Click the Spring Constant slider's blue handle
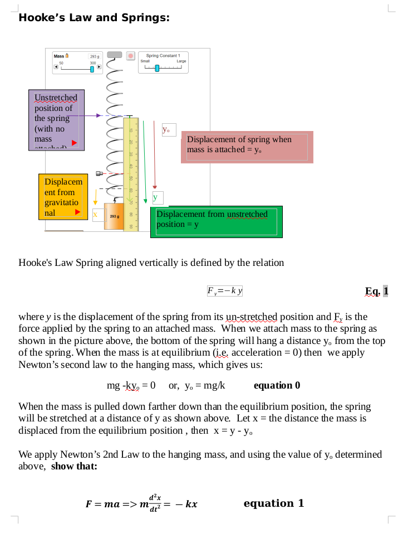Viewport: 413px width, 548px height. [x=157, y=68]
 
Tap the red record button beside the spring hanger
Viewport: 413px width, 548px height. [x=131, y=56]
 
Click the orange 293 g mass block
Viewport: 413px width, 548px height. [x=114, y=216]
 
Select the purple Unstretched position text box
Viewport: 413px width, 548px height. [x=56, y=120]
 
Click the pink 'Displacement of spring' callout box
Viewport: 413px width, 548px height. [x=247, y=147]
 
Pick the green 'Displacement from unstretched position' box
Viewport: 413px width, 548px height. [x=216, y=221]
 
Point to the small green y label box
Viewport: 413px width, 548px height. [x=156, y=197]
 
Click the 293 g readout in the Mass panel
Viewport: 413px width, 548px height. [x=94, y=57]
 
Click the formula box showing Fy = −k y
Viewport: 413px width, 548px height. [x=224, y=290]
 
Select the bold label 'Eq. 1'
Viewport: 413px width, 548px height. [x=376, y=291]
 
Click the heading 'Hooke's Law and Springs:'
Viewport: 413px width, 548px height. [x=94, y=18]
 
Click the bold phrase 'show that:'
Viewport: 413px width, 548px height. [x=74, y=466]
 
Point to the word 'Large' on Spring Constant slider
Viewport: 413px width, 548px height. [x=181, y=61]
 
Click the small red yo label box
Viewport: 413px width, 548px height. [x=169, y=130]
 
